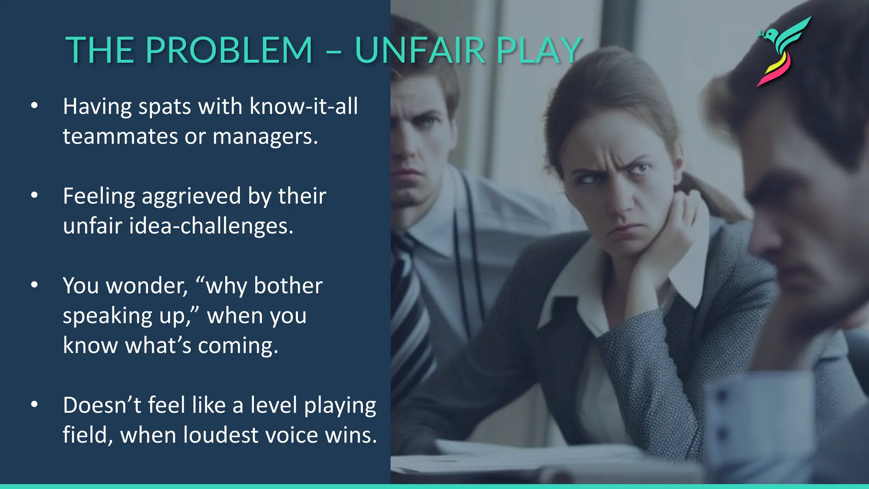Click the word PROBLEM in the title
(x=229, y=51)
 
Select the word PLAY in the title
(x=539, y=51)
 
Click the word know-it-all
(x=304, y=106)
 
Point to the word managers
(x=265, y=137)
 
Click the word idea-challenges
(x=211, y=226)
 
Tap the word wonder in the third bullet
(x=146, y=286)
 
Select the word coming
(x=238, y=346)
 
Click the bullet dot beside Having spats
(x=34, y=106)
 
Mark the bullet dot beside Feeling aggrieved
(x=34, y=195)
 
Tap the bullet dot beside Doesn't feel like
(x=34, y=405)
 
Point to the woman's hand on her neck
(x=675, y=229)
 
